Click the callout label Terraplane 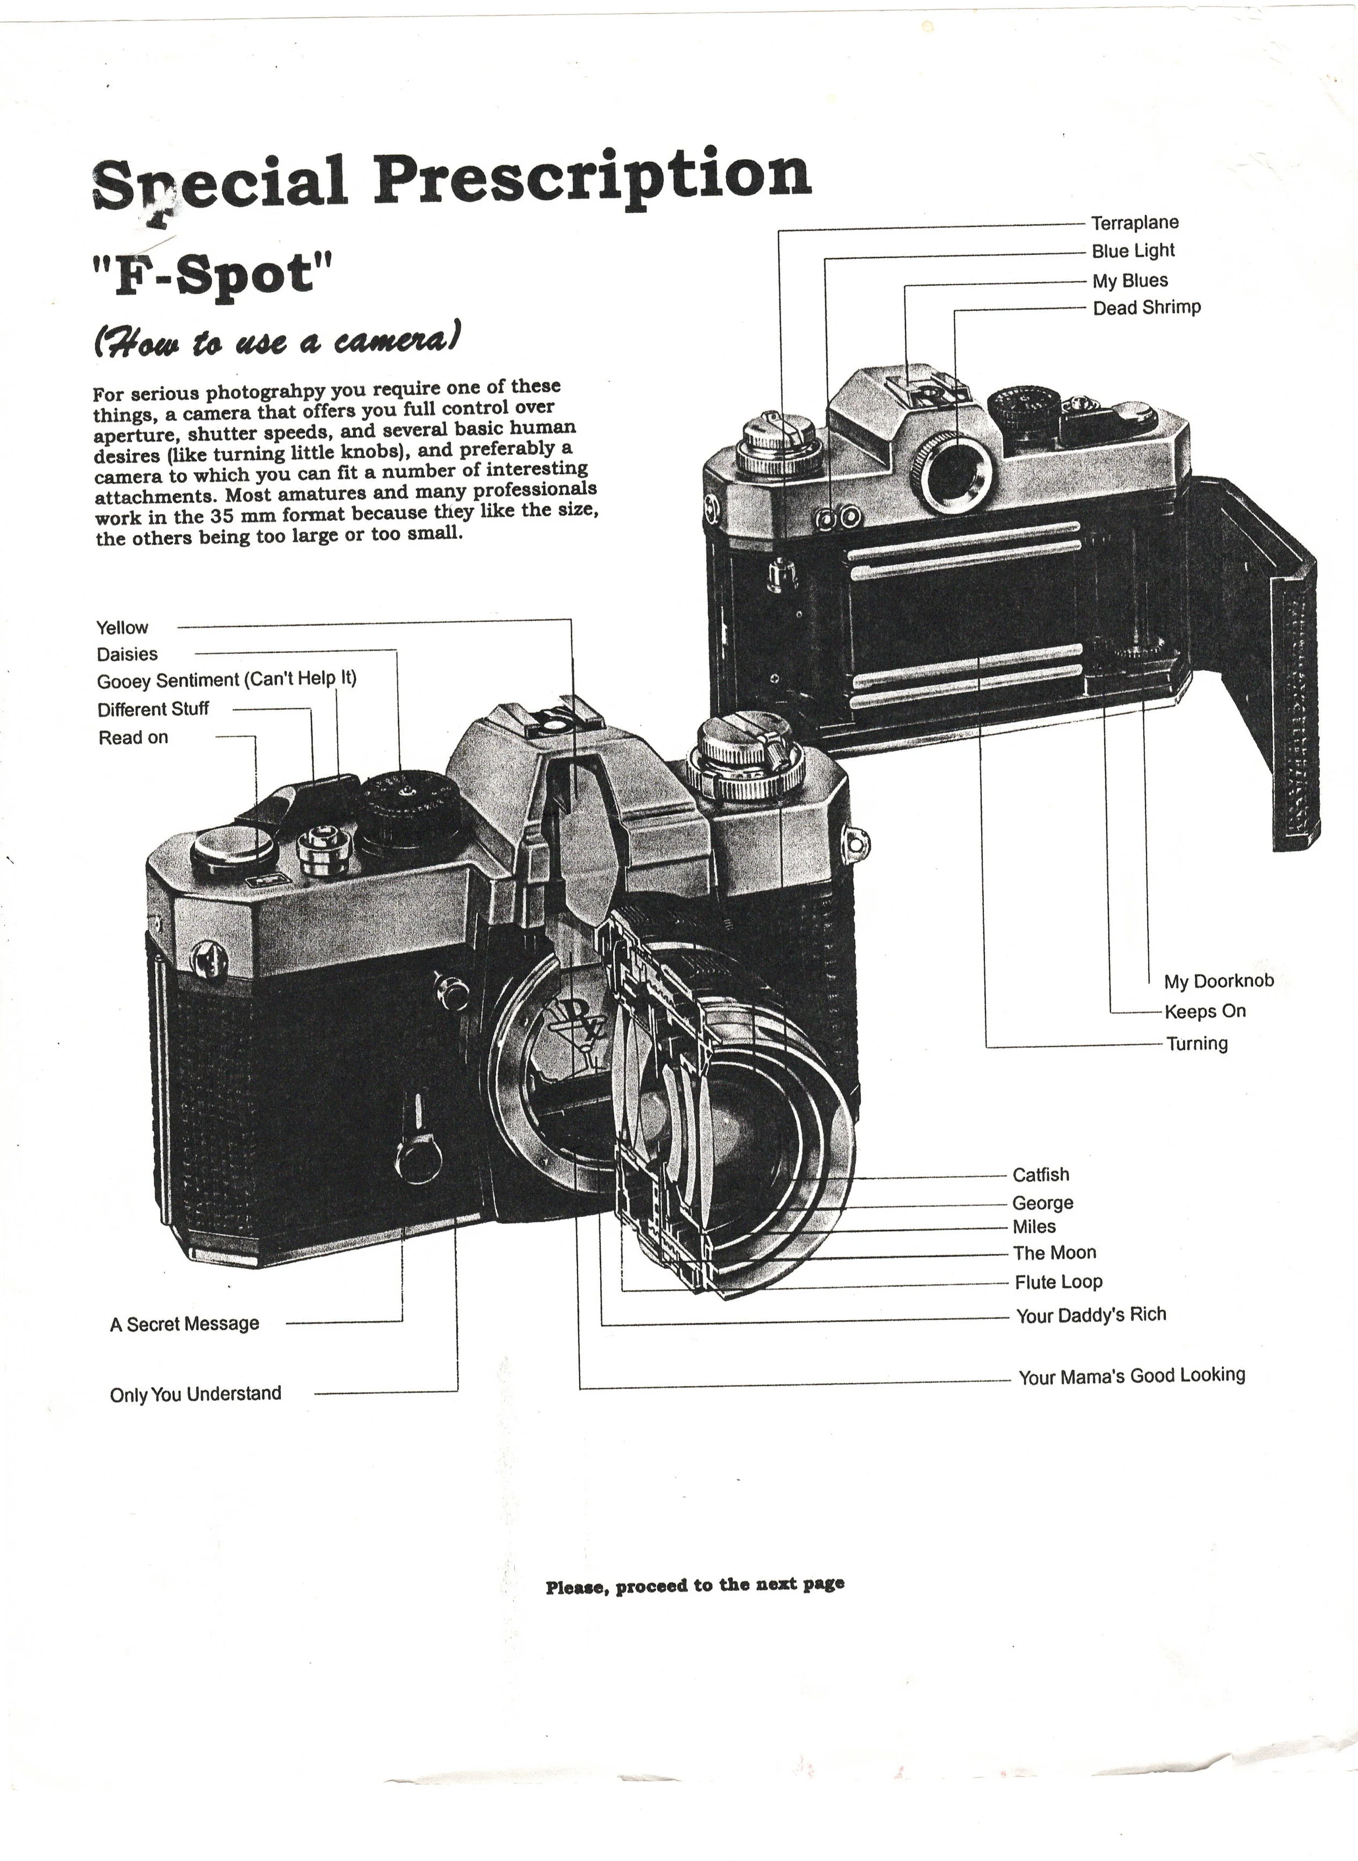tap(1134, 223)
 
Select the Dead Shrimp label tap(1146, 308)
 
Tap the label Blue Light tap(1133, 252)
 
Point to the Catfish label tap(1041, 1175)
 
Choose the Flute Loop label tap(1058, 1282)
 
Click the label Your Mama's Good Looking tap(1131, 1376)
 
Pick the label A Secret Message tap(184, 1324)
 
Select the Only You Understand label tap(195, 1394)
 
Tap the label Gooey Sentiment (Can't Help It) tap(226, 680)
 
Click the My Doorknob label tap(1218, 981)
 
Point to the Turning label tap(1197, 1044)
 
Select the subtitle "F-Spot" tap(213, 274)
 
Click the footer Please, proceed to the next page tap(695, 1585)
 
